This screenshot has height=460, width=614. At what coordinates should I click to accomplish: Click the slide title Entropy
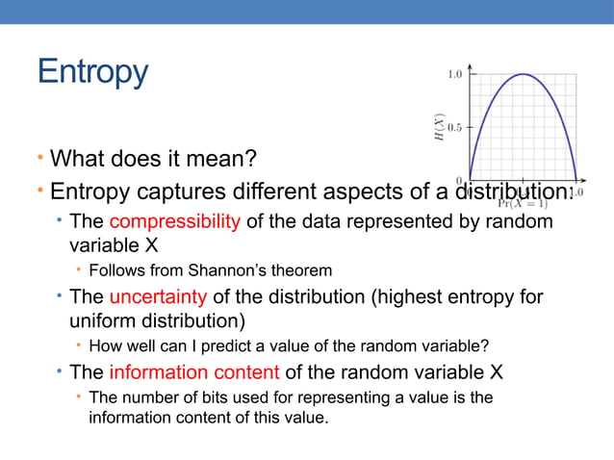tap(92, 72)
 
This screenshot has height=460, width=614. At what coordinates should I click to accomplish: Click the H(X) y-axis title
tap(438, 127)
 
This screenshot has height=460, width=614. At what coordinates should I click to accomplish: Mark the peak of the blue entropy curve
tap(523, 74)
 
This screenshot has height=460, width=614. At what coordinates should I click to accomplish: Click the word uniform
tap(99, 319)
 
